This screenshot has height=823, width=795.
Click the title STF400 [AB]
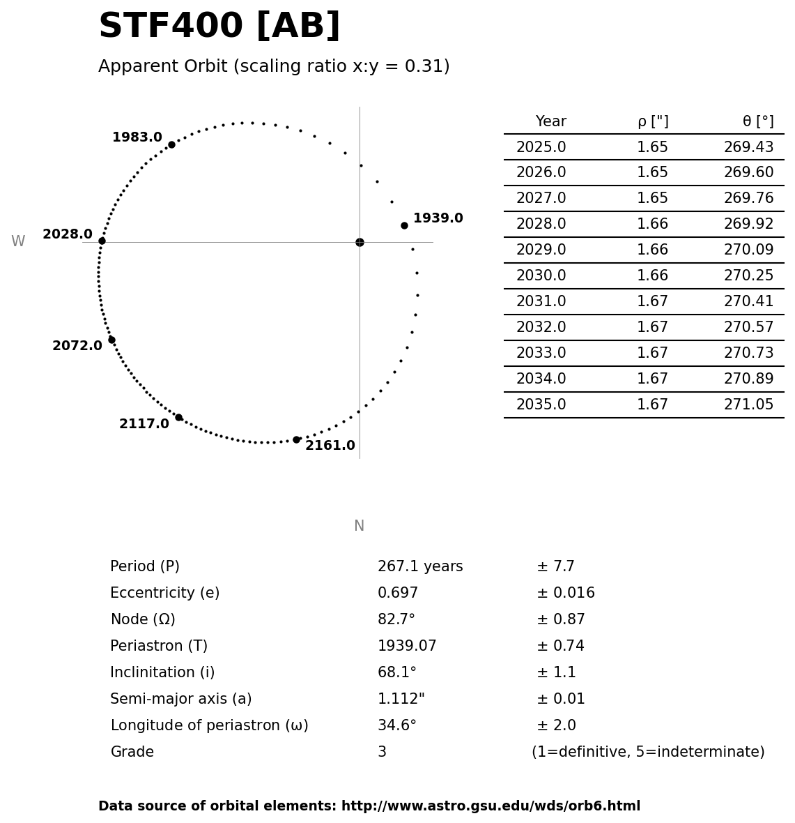coord(219,27)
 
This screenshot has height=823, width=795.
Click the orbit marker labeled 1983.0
coord(171,144)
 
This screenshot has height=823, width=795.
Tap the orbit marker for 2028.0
coord(102,241)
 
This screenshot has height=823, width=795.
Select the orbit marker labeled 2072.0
coord(111,340)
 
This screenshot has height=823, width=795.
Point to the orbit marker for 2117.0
coord(178,417)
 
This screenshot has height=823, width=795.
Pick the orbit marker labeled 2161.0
coord(296,439)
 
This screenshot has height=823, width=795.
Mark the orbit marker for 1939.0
coord(404,225)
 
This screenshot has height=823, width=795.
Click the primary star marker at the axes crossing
coord(360,242)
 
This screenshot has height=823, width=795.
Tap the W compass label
coord(18,242)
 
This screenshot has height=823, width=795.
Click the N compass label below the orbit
coord(359,526)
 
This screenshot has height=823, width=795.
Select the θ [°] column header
coord(758,122)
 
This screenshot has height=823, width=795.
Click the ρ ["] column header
coord(653,122)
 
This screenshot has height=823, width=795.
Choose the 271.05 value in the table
coord(748,405)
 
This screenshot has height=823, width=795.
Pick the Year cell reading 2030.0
coord(541,276)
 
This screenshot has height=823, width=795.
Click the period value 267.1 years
coord(420,567)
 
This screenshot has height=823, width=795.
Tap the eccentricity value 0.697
coord(398,594)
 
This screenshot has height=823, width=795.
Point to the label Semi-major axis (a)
coord(181,700)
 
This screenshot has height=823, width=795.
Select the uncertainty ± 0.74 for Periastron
coord(560,647)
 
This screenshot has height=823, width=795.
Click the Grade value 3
coord(382,753)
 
